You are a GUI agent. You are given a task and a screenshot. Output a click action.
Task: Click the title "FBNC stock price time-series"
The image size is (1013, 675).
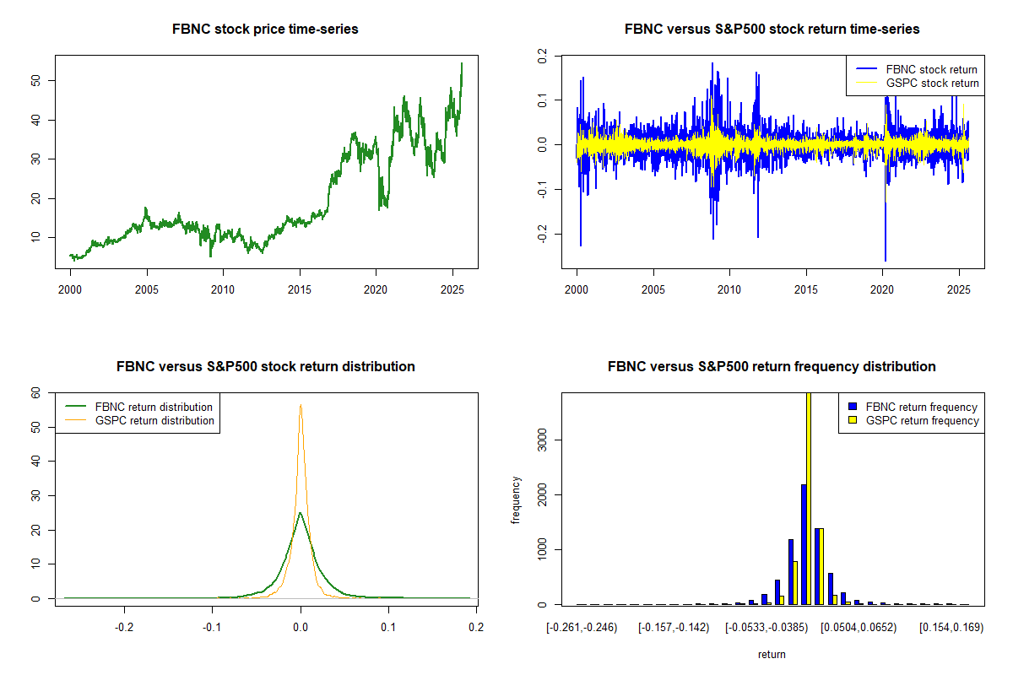pyautogui.click(x=265, y=30)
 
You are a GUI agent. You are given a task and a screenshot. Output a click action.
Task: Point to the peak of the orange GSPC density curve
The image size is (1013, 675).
pyautogui.click(x=301, y=405)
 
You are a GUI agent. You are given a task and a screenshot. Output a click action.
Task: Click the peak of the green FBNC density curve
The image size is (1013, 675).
pyautogui.click(x=300, y=512)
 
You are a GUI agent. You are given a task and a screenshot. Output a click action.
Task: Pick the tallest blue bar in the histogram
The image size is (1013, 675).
pyautogui.click(x=804, y=544)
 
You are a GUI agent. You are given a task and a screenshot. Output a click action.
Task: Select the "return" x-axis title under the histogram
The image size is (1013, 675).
pyautogui.click(x=772, y=655)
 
